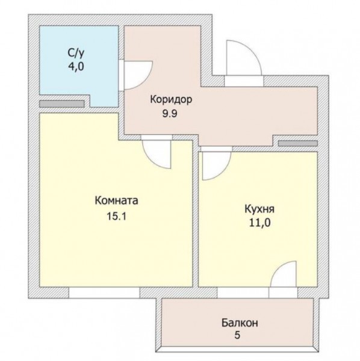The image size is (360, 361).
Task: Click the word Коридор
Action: tap(171, 100)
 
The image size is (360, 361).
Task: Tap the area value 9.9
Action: tap(170, 114)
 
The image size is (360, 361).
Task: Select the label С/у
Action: tap(76, 53)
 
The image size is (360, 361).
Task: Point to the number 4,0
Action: tap(76, 67)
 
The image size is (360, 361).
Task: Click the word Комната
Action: tap(116, 201)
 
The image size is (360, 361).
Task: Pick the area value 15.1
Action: tap(116, 217)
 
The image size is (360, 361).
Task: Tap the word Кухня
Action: tap(259, 209)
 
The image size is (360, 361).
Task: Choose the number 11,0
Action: tap(260, 223)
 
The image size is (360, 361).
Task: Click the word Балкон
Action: tap(240, 322)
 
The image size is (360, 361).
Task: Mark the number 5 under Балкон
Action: tap(237, 335)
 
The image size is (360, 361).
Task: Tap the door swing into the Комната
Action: tap(154, 161)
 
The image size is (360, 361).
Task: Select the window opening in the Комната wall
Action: tap(104, 293)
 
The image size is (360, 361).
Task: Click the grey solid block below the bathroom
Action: tap(62, 104)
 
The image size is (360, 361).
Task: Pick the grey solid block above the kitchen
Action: tap(298, 143)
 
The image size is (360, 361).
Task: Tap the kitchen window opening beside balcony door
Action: tap(243, 293)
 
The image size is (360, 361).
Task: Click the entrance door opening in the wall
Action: tap(244, 81)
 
